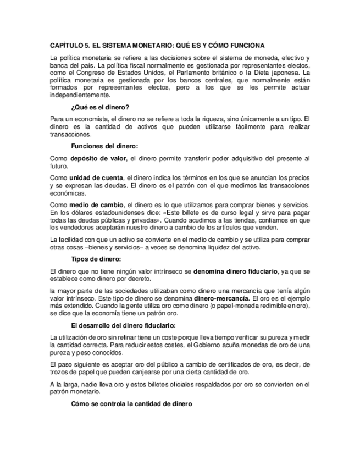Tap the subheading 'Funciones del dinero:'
(105, 146)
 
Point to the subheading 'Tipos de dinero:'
(96, 259)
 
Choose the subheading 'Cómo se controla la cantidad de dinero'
(132, 404)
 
